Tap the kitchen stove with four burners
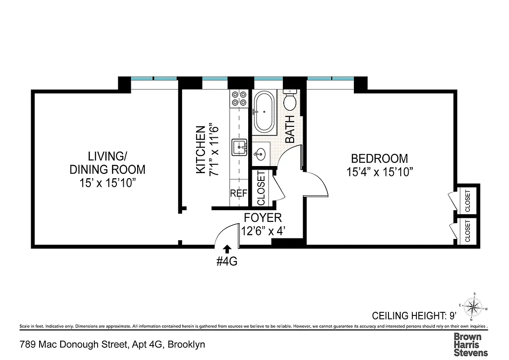(x=238, y=99)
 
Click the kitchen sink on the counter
(x=238, y=147)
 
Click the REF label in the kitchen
(x=238, y=193)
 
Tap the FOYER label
(x=263, y=218)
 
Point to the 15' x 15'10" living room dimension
(x=107, y=183)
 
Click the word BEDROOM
(x=380, y=159)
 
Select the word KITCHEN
(x=201, y=149)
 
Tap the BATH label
(x=290, y=129)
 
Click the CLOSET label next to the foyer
(x=261, y=188)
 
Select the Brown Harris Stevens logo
(x=470, y=344)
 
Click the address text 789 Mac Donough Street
(x=112, y=345)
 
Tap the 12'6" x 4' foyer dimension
(x=263, y=231)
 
